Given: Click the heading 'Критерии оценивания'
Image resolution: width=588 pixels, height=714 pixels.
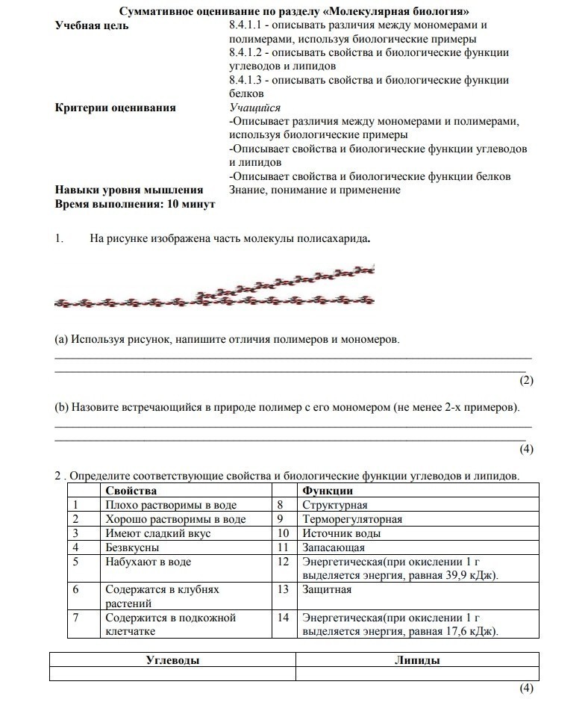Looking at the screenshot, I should [x=116, y=108].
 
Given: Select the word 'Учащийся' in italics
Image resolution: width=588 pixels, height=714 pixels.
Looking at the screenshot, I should [x=255, y=108].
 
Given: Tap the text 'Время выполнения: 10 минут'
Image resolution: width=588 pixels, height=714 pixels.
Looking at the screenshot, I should [x=135, y=204].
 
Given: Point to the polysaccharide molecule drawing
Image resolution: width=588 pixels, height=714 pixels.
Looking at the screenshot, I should [x=215, y=288].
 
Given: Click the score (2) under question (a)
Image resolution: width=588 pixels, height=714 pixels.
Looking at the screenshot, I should [x=527, y=380].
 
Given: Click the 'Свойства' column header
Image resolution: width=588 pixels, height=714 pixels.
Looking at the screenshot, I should [x=131, y=491].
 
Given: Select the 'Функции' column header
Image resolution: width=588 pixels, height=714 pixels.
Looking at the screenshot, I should [x=328, y=491].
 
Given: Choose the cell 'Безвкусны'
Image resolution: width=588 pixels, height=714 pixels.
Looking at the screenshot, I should [x=131, y=547].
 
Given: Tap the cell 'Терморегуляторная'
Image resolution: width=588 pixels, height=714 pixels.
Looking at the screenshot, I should [x=352, y=519].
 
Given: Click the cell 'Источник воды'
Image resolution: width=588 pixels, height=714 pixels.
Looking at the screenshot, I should [x=342, y=533].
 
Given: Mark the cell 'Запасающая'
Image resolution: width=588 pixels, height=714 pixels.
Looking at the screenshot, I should [x=333, y=547].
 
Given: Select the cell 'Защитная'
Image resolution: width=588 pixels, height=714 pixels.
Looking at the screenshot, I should [x=327, y=589].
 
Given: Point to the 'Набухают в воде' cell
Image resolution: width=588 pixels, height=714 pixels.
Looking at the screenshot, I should [x=148, y=562].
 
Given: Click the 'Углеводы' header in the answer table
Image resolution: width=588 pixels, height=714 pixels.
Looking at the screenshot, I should [x=172, y=660].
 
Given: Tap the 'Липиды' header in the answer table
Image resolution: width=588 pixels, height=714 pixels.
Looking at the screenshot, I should [x=416, y=660].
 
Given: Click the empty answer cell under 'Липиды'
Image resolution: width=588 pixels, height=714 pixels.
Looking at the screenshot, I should [x=416, y=674].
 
